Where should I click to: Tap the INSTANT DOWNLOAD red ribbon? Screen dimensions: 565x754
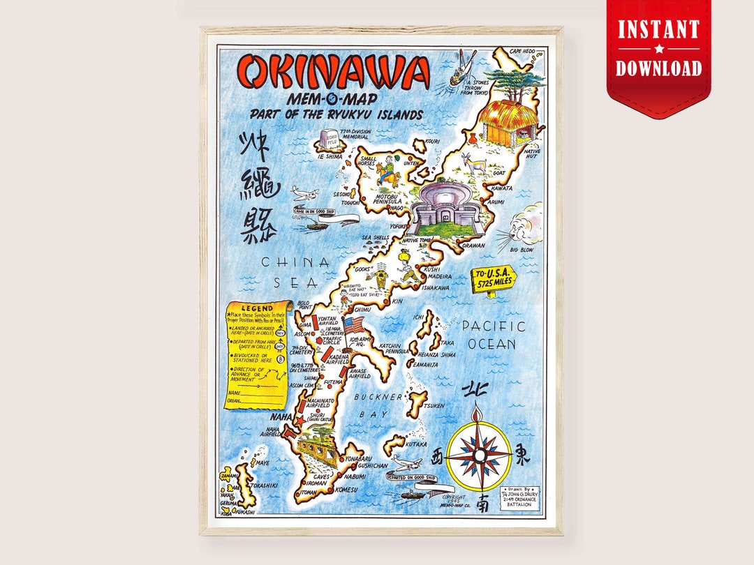[658, 49]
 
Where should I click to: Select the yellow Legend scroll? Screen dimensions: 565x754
[258, 354]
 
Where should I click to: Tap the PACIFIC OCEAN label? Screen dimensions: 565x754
[492, 335]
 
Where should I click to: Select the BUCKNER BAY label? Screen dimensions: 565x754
[378, 405]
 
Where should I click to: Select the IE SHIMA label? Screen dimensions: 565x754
[330, 157]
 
